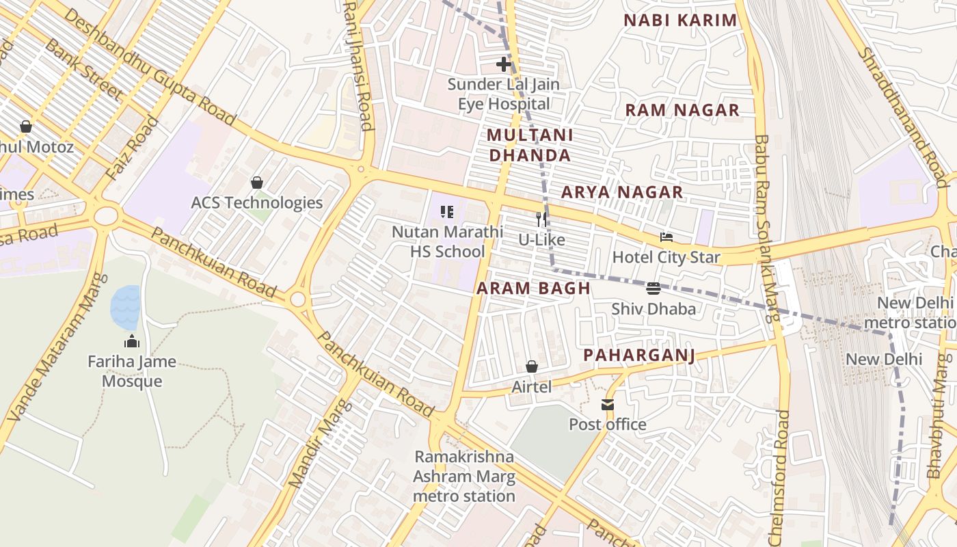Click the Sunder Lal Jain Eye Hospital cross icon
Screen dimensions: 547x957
504,64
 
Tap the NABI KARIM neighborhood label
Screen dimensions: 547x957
680,21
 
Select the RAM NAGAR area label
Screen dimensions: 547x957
682,110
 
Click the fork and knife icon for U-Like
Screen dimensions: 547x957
541,219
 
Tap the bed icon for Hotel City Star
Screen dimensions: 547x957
666,237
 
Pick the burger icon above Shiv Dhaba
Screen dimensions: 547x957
653,288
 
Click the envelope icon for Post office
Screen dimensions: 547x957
608,405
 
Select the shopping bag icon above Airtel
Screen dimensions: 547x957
531,367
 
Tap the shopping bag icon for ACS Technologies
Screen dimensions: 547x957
257,183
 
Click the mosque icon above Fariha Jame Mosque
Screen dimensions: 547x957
132,341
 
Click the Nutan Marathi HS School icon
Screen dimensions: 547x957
447,212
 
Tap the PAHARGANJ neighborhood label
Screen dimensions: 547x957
639,356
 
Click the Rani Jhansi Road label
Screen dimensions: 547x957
358,65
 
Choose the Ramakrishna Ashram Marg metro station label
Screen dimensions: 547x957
464,477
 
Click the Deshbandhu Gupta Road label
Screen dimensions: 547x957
150,68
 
